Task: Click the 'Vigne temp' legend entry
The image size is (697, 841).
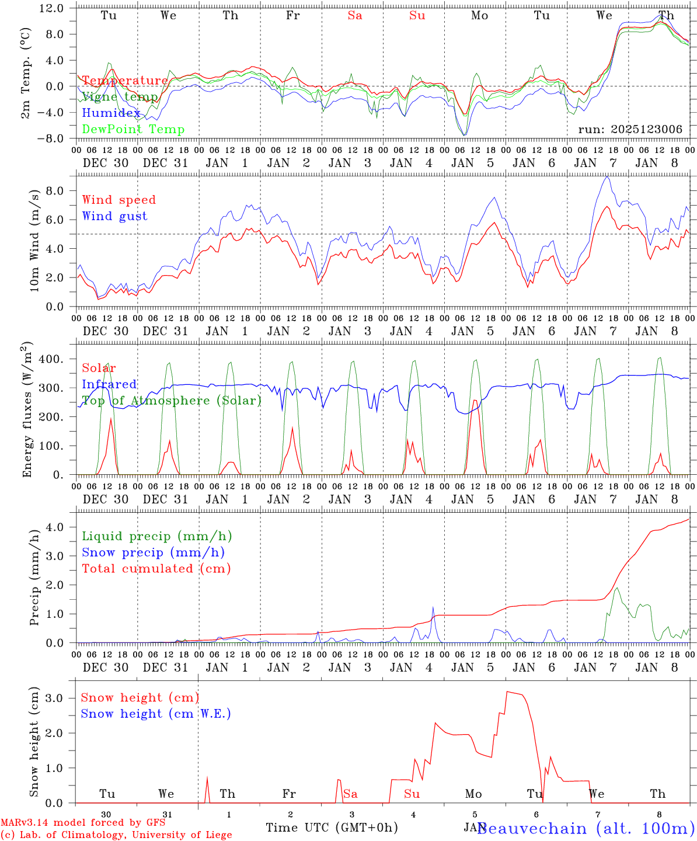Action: (120, 97)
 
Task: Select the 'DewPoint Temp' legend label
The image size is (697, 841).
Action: (133, 130)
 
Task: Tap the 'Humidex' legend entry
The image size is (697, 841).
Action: (111, 113)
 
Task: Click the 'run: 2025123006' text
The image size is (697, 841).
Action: (630, 130)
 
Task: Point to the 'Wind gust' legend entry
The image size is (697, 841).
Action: (114, 216)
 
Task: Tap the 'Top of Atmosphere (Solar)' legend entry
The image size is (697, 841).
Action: (171, 401)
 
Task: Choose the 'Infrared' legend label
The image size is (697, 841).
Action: (109, 384)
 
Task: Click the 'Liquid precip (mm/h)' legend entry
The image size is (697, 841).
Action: (156, 536)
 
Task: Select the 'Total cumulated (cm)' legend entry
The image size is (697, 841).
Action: (156, 569)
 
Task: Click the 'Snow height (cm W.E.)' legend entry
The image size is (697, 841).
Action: (156, 714)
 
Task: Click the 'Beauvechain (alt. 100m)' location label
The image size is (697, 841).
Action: (585, 828)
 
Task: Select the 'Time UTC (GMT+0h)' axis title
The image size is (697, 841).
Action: (332, 828)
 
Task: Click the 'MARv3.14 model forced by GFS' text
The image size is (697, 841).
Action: (83, 823)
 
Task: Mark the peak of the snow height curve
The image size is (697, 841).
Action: (507, 691)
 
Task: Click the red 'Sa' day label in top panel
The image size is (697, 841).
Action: (355, 16)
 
